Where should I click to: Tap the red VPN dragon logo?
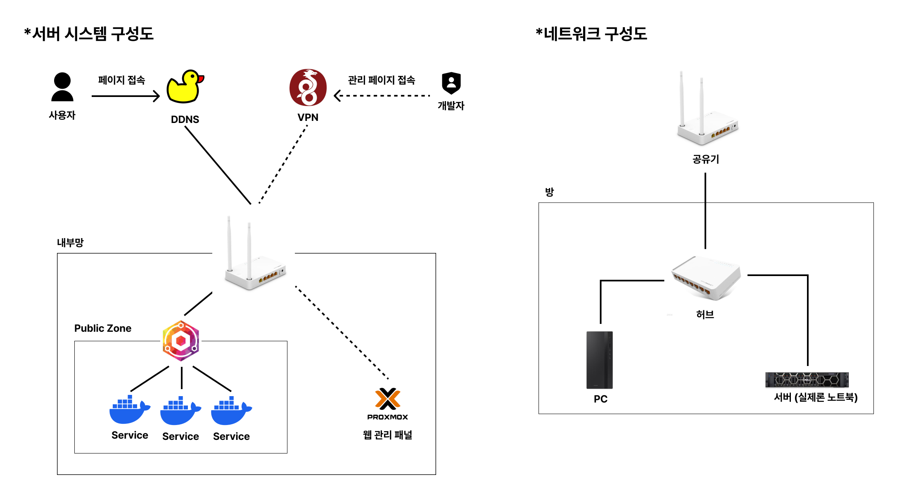308,87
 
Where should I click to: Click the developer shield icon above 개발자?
451,83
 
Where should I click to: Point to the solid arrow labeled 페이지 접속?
126,96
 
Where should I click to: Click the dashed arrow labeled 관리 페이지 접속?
382,96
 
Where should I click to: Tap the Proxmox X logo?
387,399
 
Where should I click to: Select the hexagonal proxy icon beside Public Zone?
181,341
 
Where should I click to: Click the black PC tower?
600,360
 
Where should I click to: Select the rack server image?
807,380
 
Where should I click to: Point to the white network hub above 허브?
706,278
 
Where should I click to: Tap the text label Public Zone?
103,328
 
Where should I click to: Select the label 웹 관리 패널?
387,435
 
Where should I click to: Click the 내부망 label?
70,243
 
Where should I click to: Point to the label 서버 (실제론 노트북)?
816,397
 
